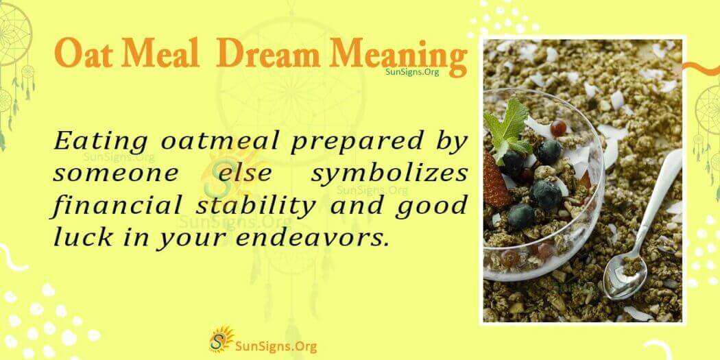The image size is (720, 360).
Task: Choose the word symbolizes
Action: tap(389, 173)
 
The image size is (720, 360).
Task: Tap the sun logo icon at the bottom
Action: tap(220, 339)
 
